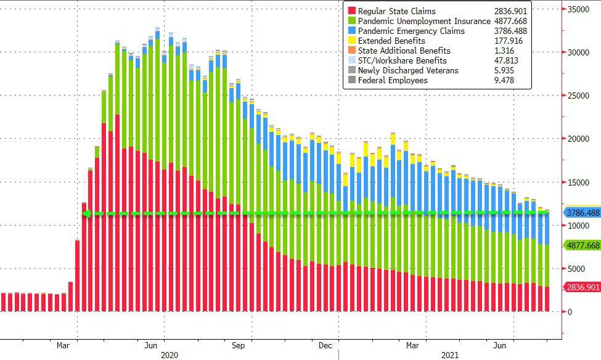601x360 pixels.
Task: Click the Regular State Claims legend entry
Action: pyautogui.click(x=396, y=11)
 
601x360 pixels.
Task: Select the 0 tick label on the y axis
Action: pyautogui.click(x=570, y=312)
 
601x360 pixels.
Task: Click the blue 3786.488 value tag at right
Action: pyautogui.click(x=581, y=213)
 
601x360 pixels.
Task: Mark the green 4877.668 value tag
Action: pyautogui.click(x=581, y=245)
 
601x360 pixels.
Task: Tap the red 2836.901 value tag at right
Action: pyautogui.click(x=581, y=287)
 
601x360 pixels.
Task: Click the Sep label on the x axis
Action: pyautogui.click(x=238, y=345)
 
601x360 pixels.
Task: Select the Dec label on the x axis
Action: pyautogui.click(x=326, y=345)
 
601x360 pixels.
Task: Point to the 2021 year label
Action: pyautogui.click(x=450, y=355)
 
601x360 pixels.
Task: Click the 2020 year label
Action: pyautogui.click(x=170, y=355)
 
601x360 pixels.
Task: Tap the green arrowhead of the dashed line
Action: pyautogui.click(x=87, y=214)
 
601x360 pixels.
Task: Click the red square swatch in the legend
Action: pyautogui.click(x=352, y=11)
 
